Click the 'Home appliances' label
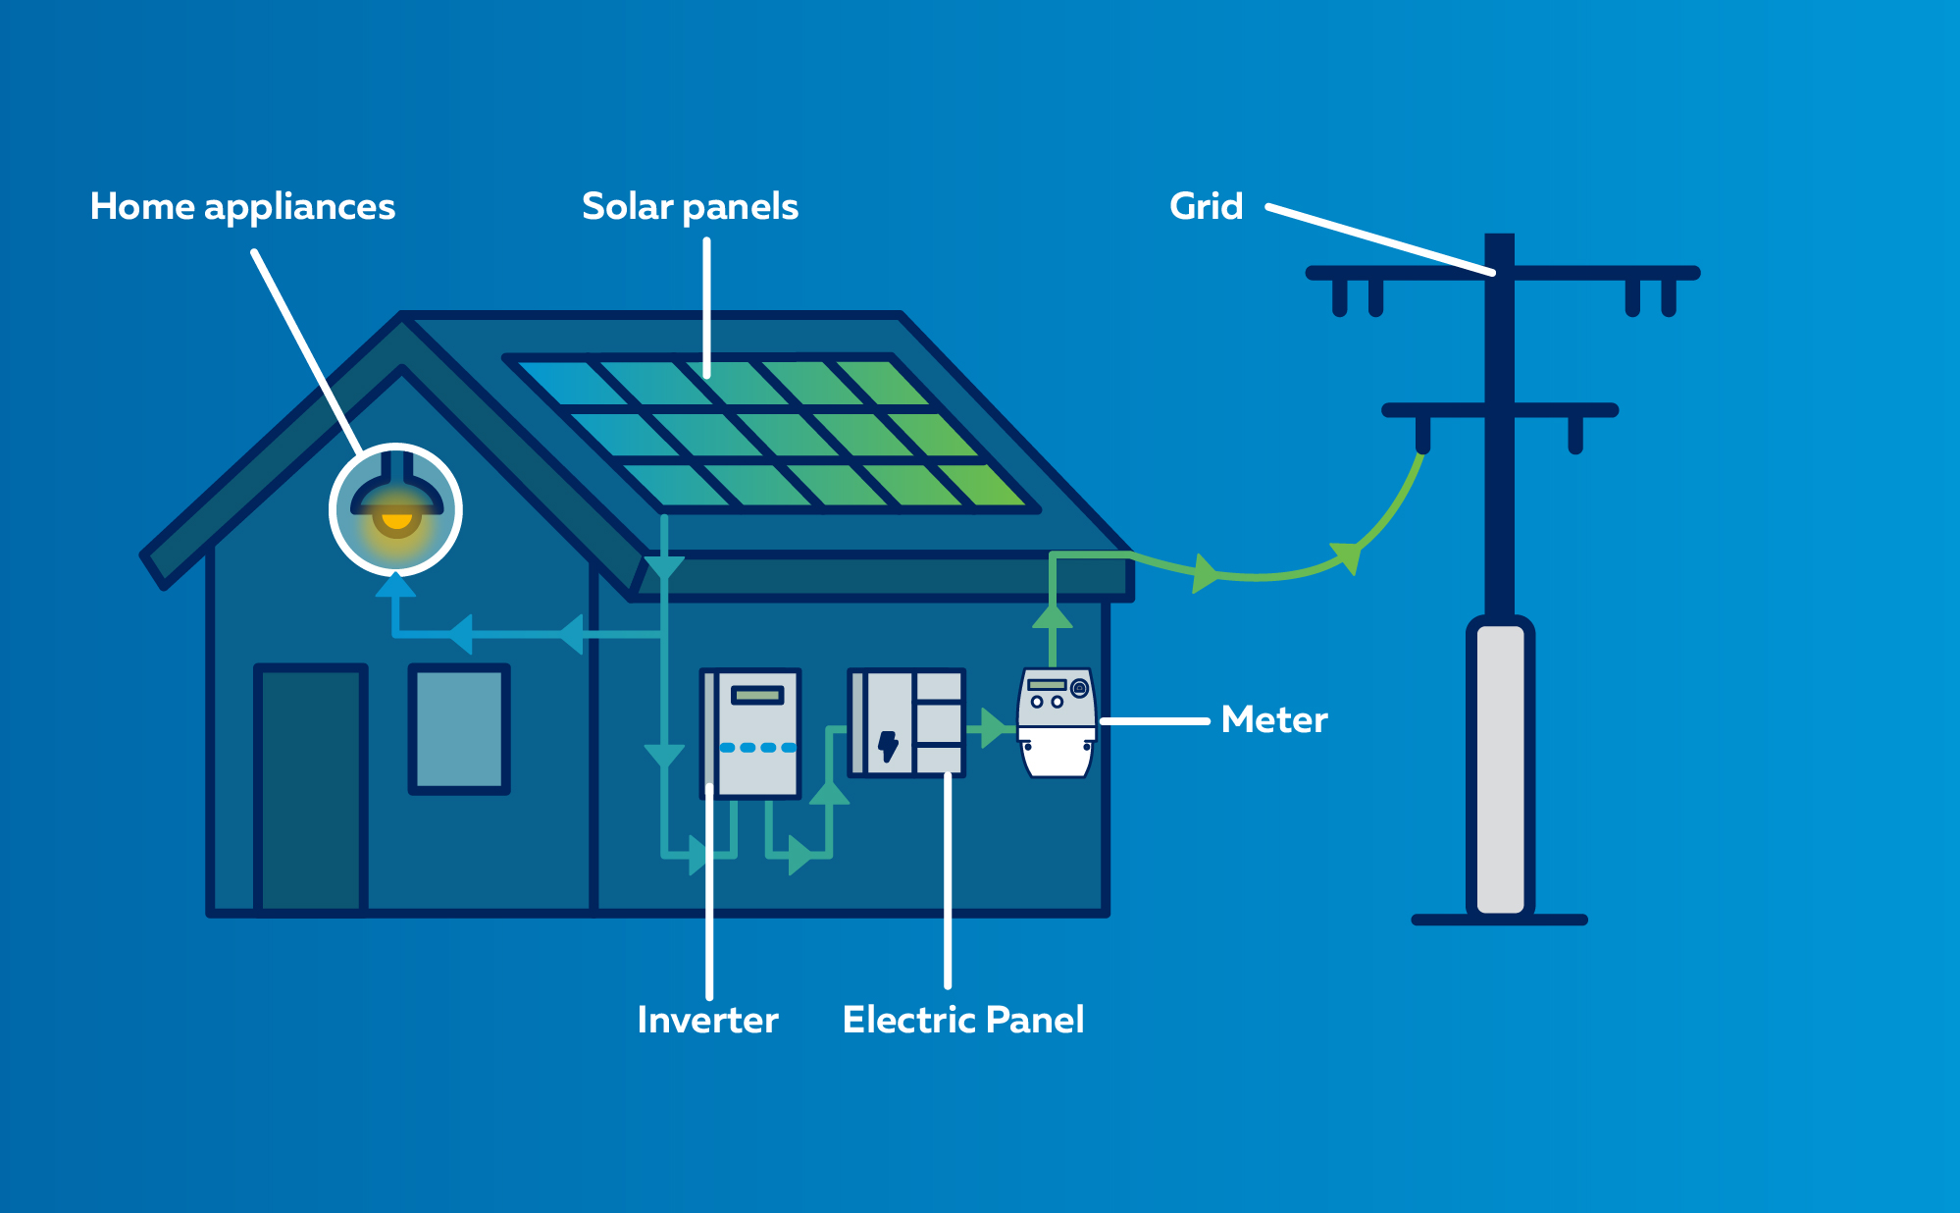click(x=242, y=207)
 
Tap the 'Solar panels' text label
click(x=690, y=207)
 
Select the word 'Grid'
click(x=1206, y=207)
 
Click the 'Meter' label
click(x=1273, y=720)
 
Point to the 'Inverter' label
click(x=707, y=1021)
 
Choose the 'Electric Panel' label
click(x=962, y=1021)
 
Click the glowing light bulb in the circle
click(x=396, y=518)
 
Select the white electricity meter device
click(x=1057, y=724)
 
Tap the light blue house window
click(x=459, y=728)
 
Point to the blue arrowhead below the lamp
click(x=395, y=585)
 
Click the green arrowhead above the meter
click(x=1053, y=616)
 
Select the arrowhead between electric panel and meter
click(x=993, y=728)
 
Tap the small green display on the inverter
click(x=756, y=696)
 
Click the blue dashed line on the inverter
click(x=757, y=748)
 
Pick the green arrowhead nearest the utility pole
click(x=1348, y=555)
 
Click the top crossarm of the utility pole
click(x=1501, y=273)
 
